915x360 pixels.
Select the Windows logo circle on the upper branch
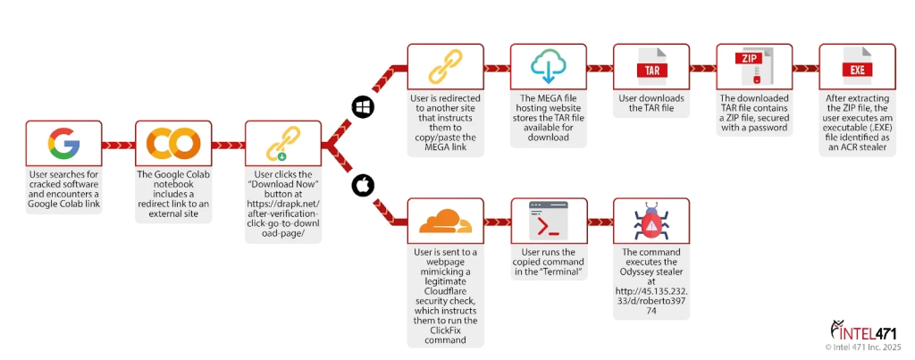pyautogui.click(x=363, y=106)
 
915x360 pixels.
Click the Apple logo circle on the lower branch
pyautogui.click(x=363, y=185)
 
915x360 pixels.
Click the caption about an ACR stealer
pyautogui.click(x=855, y=124)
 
